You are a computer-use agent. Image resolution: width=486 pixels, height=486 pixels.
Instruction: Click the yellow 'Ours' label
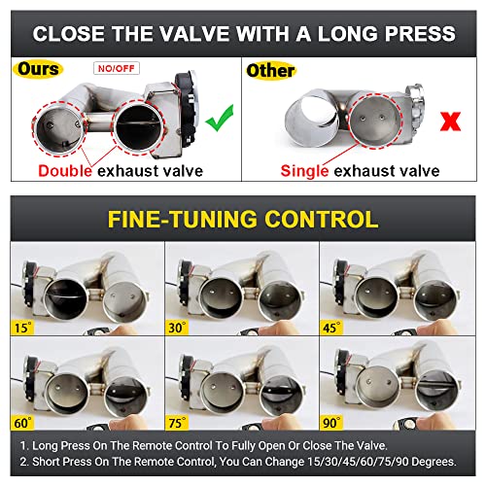tap(38, 70)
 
